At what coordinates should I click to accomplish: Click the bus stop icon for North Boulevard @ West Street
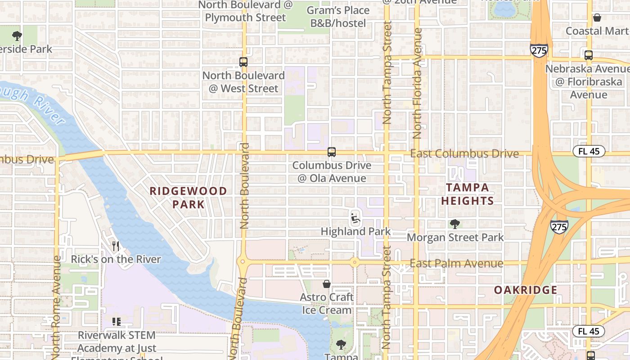tap(243, 62)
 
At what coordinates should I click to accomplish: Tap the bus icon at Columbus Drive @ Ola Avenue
tap(332, 152)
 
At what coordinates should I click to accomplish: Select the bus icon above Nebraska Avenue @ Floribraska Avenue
tap(588, 55)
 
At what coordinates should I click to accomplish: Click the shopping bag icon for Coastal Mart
tap(597, 18)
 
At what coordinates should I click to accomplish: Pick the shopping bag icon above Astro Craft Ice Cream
tap(327, 284)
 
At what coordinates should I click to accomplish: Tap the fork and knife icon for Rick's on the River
tap(116, 246)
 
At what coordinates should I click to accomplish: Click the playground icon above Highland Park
tap(355, 218)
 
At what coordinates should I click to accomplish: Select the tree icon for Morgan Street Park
tap(455, 224)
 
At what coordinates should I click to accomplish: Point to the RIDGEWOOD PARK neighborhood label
tap(188, 198)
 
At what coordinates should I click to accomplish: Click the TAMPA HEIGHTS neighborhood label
tap(468, 194)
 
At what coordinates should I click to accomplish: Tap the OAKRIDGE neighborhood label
tap(526, 290)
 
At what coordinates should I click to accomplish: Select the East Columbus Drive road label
tap(464, 154)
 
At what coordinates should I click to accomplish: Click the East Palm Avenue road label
tap(456, 263)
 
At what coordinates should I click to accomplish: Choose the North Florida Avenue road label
tap(418, 83)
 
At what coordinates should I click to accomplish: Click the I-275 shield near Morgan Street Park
tap(558, 226)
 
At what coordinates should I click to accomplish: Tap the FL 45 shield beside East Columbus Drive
tap(589, 151)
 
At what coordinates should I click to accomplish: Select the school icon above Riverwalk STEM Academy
tap(116, 322)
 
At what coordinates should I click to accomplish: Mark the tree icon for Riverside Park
tap(17, 36)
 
